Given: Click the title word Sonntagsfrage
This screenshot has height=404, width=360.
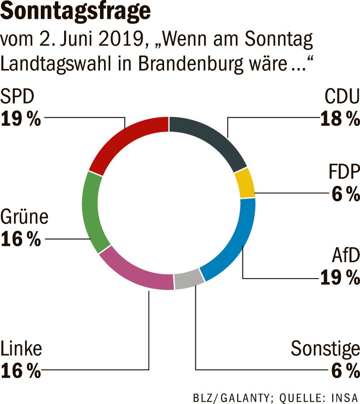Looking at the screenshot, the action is [x=75, y=12].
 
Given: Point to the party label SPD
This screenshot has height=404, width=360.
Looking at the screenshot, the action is [x=17, y=96].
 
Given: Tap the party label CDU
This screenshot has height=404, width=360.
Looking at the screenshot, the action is [x=342, y=96].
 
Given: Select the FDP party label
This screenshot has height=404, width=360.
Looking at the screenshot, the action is [x=344, y=172].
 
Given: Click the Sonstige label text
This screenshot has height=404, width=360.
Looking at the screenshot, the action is [x=325, y=349].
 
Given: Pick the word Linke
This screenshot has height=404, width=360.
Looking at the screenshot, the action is [x=21, y=349].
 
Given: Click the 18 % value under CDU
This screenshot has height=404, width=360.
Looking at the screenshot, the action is [x=340, y=119].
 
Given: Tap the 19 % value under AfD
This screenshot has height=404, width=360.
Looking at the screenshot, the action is [x=340, y=277].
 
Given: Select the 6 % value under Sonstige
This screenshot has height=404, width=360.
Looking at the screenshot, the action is [x=345, y=371].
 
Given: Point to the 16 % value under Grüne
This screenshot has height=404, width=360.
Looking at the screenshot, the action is [x=21, y=239].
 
